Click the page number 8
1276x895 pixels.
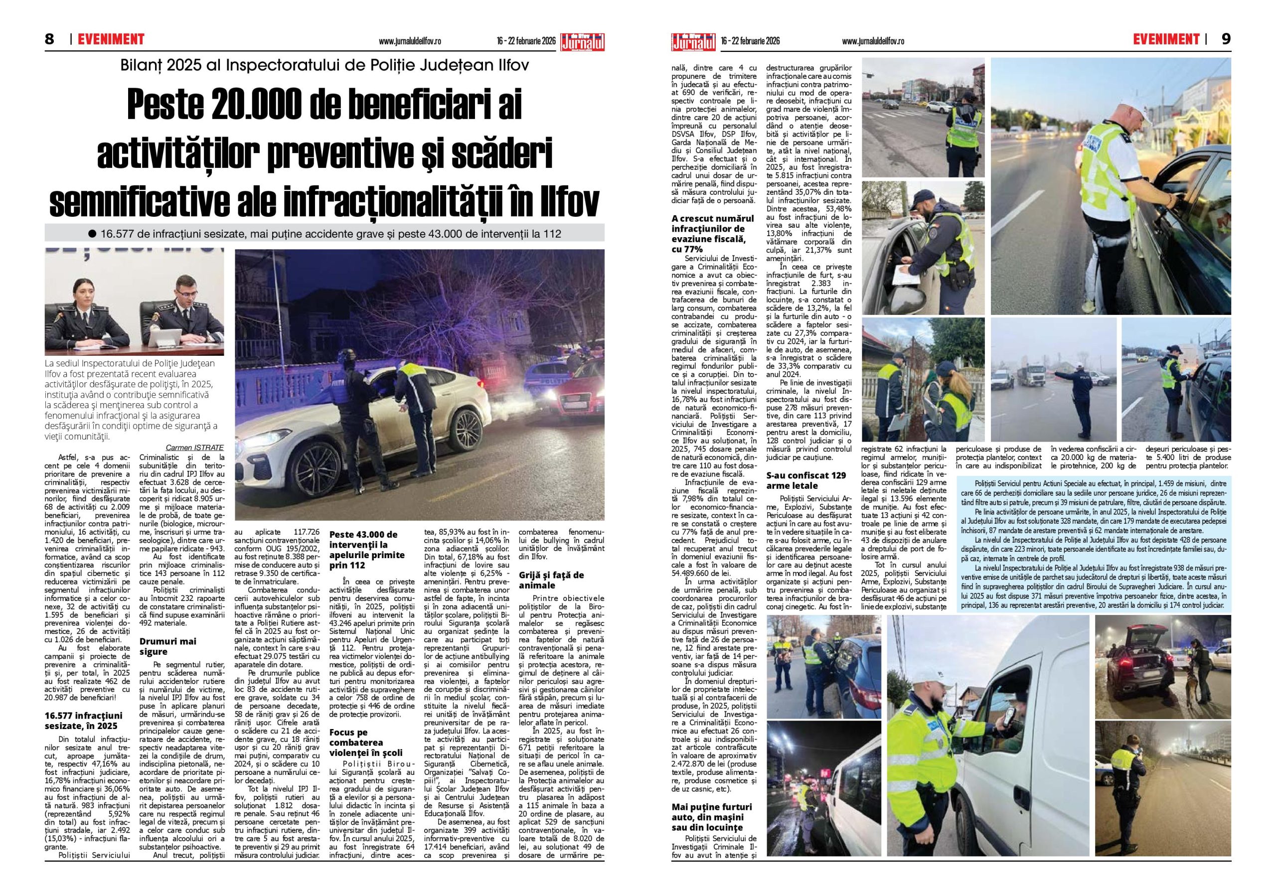coord(49,39)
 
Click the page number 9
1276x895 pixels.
coord(1226,39)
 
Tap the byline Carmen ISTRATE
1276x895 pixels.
coord(194,447)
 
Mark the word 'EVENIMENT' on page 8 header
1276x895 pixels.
coord(111,39)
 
